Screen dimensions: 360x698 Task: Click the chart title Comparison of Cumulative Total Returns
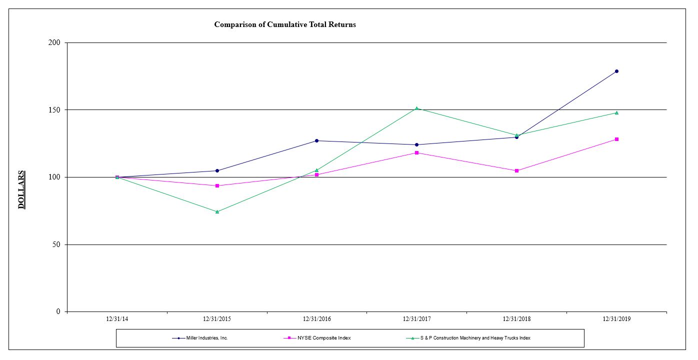tap(285, 24)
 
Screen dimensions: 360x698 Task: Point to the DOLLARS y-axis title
tap(21, 190)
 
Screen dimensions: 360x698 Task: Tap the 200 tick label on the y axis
tap(55, 42)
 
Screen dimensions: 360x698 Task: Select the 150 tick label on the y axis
tap(55, 110)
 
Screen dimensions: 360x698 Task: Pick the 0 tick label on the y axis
tap(58, 312)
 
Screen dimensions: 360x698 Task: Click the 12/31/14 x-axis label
tap(117, 319)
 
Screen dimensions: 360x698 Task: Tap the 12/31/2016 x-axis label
tap(316, 319)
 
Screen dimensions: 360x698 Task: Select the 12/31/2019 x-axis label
tap(616, 319)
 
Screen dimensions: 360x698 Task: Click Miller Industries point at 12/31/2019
tap(616, 71)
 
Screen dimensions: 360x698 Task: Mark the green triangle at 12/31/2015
tap(217, 211)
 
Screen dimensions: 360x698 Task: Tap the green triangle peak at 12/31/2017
tap(416, 108)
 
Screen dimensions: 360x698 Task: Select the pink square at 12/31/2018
tap(516, 170)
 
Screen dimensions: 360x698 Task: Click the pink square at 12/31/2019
tap(616, 139)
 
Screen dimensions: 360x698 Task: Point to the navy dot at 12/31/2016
tap(316, 140)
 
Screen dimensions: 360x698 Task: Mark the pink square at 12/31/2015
tap(217, 185)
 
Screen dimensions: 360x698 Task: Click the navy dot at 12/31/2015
tap(217, 170)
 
